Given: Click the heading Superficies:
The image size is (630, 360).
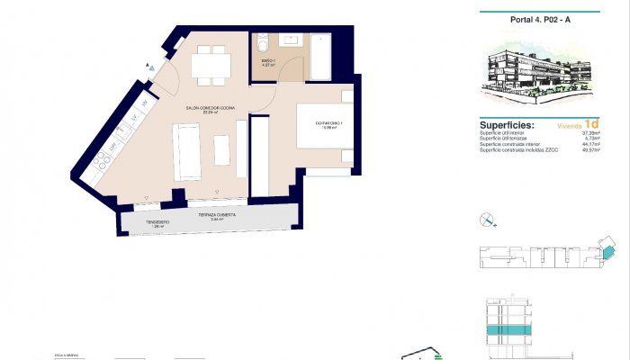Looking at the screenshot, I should pyautogui.click(x=508, y=125).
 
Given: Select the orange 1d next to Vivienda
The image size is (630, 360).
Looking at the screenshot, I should pyautogui.click(x=591, y=123).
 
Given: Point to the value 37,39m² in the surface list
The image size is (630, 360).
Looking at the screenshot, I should pyautogui.click(x=590, y=132).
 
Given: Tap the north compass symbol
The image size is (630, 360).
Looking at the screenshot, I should pyautogui.click(x=487, y=218).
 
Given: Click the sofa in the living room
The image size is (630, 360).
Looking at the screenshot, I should pyautogui.click(x=187, y=151).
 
